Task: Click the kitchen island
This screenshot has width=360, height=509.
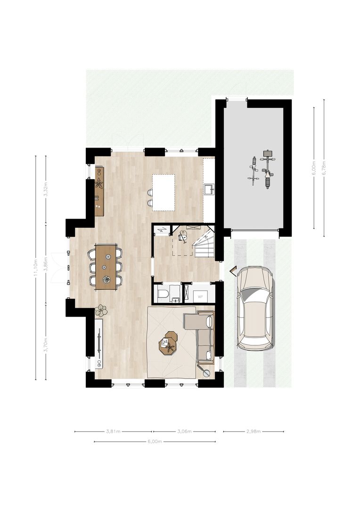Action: [163, 192]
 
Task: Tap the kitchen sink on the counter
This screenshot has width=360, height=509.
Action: [209, 189]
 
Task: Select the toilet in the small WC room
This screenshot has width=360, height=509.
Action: [163, 294]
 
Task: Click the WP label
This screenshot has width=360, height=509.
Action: [200, 296]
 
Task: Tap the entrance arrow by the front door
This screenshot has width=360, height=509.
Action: [232, 270]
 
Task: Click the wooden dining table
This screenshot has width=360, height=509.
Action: [106, 266]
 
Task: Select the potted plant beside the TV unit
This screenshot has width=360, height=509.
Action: [101, 310]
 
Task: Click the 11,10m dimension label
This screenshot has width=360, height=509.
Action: [36, 268]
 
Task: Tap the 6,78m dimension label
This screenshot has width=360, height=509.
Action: [324, 168]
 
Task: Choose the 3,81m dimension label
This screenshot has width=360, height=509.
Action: [113, 431]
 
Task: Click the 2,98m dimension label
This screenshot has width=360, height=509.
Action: [253, 431]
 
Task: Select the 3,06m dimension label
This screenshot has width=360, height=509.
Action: [184, 431]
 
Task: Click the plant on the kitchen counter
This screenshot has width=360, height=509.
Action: [99, 183]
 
